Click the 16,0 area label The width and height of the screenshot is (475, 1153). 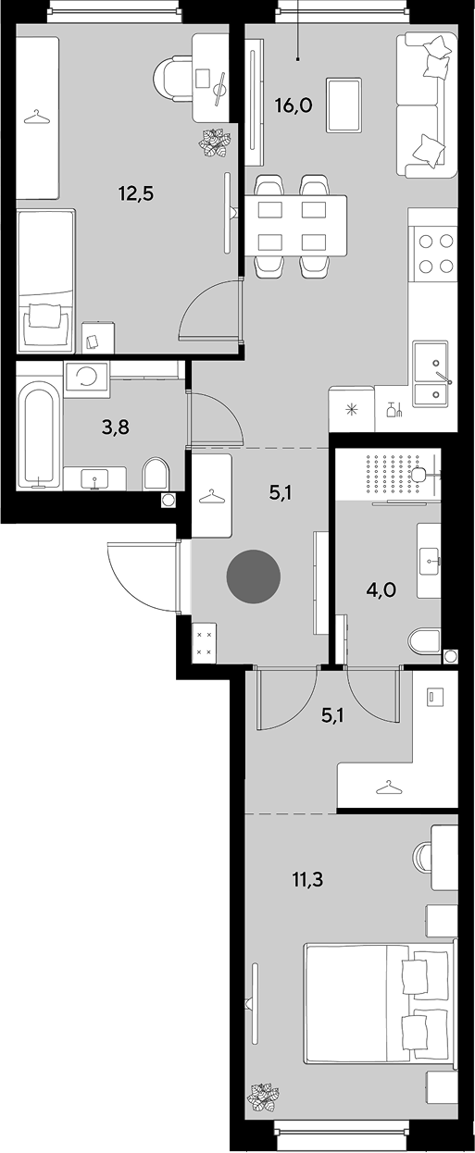click(294, 106)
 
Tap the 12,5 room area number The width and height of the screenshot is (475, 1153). click(136, 194)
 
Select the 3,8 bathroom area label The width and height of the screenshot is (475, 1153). click(115, 428)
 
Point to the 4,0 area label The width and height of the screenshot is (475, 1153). click(381, 590)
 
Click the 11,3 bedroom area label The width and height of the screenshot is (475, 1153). click(307, 880)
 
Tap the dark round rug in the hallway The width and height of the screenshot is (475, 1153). click(254, 576)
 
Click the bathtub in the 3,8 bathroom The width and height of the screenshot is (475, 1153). click(39, 434)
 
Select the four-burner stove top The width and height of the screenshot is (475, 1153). click(432, 253)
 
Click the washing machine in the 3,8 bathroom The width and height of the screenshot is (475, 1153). click(86, 379)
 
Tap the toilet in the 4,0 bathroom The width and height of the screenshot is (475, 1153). click(424, 641)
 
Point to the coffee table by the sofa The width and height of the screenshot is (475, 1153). click(344, 105)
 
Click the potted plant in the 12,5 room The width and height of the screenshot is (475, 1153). click(214, 143)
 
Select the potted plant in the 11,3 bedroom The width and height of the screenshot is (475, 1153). click(263, 1096)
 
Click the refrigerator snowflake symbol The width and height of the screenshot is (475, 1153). click(351, 410)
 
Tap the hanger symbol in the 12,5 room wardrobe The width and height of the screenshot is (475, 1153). click(38, 118)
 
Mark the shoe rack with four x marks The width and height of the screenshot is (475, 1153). click(204, 643)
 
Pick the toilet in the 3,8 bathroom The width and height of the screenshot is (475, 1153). click(156, 474)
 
